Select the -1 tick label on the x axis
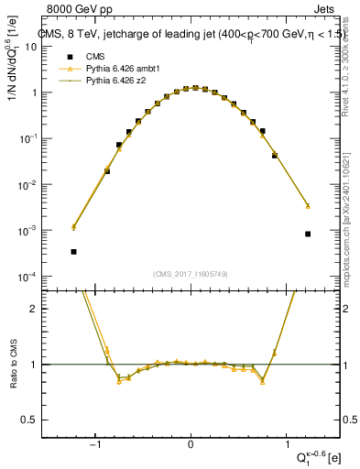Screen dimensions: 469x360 (93, 444)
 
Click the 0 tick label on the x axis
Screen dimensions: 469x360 (191, 444)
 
